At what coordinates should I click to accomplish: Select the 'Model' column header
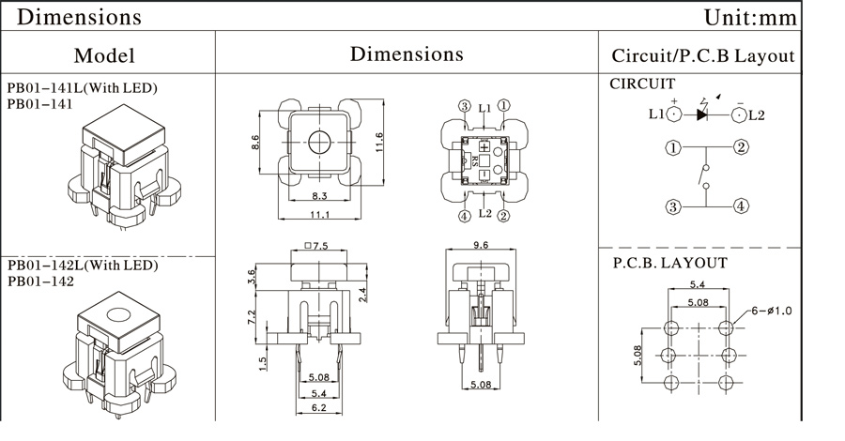(x=104, y=55)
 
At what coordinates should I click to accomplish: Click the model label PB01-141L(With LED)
(x=82, y=88)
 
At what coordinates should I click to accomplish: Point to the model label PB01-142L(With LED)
(x=82, y=266)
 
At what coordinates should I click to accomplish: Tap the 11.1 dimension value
(x=317, y=216)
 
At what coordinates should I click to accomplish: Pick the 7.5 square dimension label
(x=315, y=247)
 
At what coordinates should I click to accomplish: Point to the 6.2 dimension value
(x=319, y=409)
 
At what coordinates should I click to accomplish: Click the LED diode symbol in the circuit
(x=702, y=114)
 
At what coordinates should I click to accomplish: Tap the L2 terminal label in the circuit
(x=757, y=114)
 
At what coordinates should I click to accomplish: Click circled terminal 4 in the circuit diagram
(x=741, y=205)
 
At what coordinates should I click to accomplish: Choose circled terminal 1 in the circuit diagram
(x=672, y=147)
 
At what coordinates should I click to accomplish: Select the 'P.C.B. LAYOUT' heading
(x=669, y=263)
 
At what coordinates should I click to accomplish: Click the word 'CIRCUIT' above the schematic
(x=643, y=84)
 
